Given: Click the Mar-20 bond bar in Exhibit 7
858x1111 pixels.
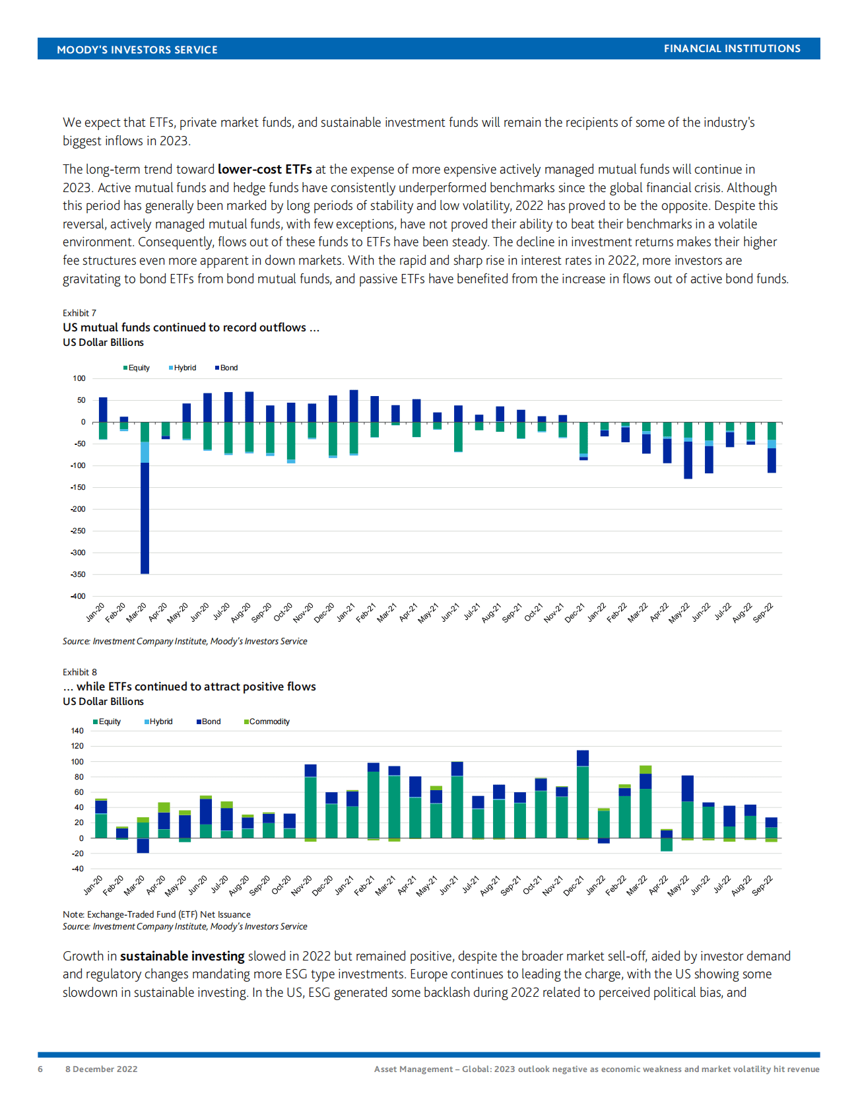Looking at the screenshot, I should (x=145, y=518).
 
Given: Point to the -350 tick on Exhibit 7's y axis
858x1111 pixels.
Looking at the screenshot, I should (x=79, y=574).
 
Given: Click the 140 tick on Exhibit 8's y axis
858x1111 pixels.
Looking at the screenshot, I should (x=77, y=731).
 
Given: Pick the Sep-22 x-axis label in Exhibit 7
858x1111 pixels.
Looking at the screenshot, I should (x=764, y=613).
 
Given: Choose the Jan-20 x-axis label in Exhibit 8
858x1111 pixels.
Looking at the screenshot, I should (x=94, y=885).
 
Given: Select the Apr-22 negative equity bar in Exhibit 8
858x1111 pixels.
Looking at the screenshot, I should (x=667, y=844).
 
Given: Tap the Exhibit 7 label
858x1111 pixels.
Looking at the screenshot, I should (x=79, y=313).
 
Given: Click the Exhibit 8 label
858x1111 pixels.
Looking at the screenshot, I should (x=79, y=672).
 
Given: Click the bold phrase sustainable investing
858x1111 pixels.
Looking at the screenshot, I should (x=182, y=956).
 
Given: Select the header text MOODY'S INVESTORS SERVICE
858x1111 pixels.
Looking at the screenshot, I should (x=137, y=50).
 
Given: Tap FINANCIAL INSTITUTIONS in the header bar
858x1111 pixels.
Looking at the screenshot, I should (x=732, y=49).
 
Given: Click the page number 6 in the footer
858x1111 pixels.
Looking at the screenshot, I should (x=40, y=1069).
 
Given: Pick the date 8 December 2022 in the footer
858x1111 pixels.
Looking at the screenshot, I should (x=101, y=1069).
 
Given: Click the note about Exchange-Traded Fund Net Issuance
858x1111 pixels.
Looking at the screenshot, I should (x=156, y=914).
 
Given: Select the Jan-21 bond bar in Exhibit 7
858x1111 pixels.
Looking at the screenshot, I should (x=354, y=406).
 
